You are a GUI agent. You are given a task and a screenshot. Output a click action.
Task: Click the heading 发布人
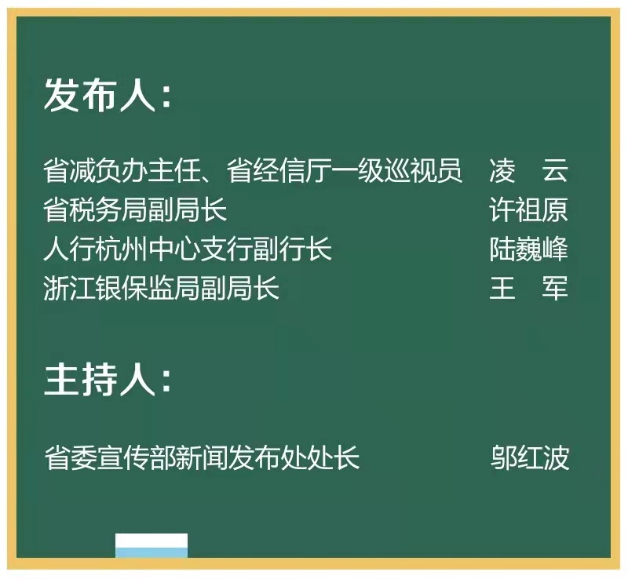tap(100, 94)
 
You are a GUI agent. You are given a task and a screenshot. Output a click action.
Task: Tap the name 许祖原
tap(528, 209)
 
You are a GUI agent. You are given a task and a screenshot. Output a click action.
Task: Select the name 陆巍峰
tap(528, 249)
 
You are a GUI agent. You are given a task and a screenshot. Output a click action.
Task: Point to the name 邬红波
tap(529, 457)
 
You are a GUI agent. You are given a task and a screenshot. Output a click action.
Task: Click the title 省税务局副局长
tap(135, 209)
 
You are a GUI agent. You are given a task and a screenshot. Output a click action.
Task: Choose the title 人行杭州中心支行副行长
tap(188, 249)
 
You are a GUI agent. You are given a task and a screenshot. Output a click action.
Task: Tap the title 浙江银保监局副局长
tap(161, 287)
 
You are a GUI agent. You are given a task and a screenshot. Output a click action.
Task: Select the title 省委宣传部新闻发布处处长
tap(202, 457)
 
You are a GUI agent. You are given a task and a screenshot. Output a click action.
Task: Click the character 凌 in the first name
tap(502, 170)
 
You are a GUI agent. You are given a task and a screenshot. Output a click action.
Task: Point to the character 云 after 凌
tap(555, 170)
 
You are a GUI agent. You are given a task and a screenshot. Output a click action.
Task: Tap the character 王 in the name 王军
tap(502, 287)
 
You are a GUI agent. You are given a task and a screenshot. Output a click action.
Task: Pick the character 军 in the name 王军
tap(555, 287)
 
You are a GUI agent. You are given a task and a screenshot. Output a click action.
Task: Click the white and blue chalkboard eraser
tap(152, 545)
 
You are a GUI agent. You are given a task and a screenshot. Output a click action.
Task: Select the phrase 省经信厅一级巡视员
tap(345, 170)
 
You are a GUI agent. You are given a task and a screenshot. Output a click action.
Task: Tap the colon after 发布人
tap(166, 97)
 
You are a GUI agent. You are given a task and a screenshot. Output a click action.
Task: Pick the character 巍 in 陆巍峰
tap(528, 249)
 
